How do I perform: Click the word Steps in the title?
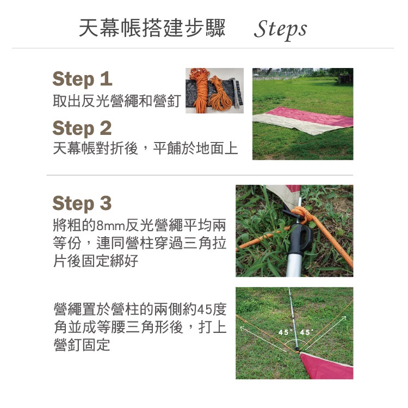pos(281,29)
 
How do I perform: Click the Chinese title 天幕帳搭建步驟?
pos(152,28)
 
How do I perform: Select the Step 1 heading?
pos(82,79)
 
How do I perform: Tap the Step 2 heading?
pos(82,128)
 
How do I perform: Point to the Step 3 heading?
pos(82,203)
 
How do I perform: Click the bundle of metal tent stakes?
pos(236,92)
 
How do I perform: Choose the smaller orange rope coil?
pos(219,93)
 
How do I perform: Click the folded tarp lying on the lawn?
pos(303,120)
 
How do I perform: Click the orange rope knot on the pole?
pos(301,214)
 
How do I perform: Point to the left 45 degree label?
pos(284,332)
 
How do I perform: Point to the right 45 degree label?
pos(306,332)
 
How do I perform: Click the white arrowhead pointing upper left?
pos(243,329)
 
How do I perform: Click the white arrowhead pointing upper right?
pos(343,318)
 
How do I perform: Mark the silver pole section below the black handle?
pos(294,265)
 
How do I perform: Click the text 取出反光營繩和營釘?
pos(117,101)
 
